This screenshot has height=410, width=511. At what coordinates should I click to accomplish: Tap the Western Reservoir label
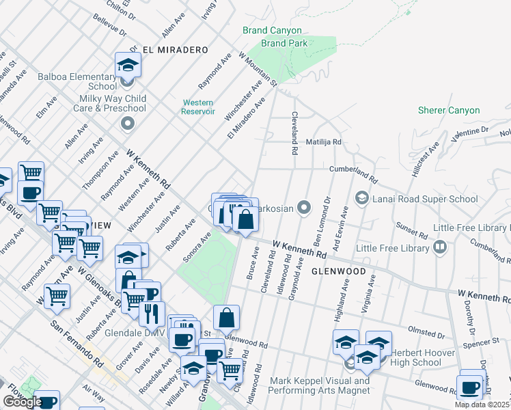pos(199,107)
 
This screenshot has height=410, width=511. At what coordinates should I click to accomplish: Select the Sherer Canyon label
pos(449,110)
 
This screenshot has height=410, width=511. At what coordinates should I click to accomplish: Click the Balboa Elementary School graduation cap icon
pos(127,66)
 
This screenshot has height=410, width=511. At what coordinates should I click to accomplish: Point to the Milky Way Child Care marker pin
pos(127,124)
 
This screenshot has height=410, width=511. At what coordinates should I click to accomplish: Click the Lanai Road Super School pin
pos(361,199)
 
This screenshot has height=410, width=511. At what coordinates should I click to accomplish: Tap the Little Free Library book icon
pos(440,247)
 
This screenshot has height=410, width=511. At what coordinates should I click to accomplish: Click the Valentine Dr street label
pos(471,128)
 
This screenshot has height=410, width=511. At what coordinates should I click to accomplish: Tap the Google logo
pos(23,402)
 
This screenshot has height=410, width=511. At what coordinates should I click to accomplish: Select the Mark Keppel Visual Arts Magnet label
pos(320,385)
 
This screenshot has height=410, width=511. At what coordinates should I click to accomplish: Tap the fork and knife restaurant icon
pos(152,314)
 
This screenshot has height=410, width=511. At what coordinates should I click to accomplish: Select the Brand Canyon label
pos(271,30)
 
